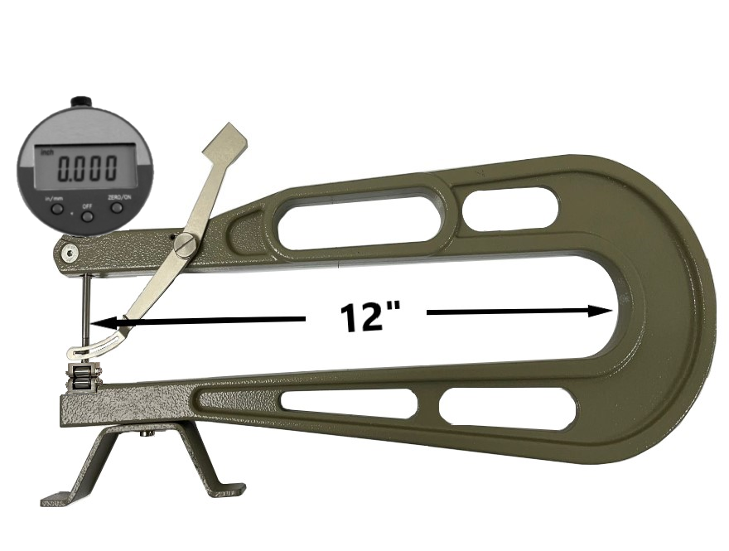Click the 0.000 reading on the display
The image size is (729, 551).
point(86,169)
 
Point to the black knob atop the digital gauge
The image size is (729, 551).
point(81,102)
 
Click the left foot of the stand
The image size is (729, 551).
point(62,499)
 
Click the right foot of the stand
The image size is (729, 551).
point(227,488)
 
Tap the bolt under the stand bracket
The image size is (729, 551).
point(147,433)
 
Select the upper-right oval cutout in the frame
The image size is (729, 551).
point(510,209)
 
